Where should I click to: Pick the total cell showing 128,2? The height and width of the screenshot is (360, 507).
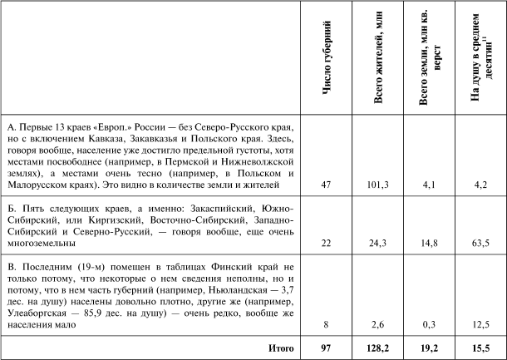pyautogui.click(x=379, y=345)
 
